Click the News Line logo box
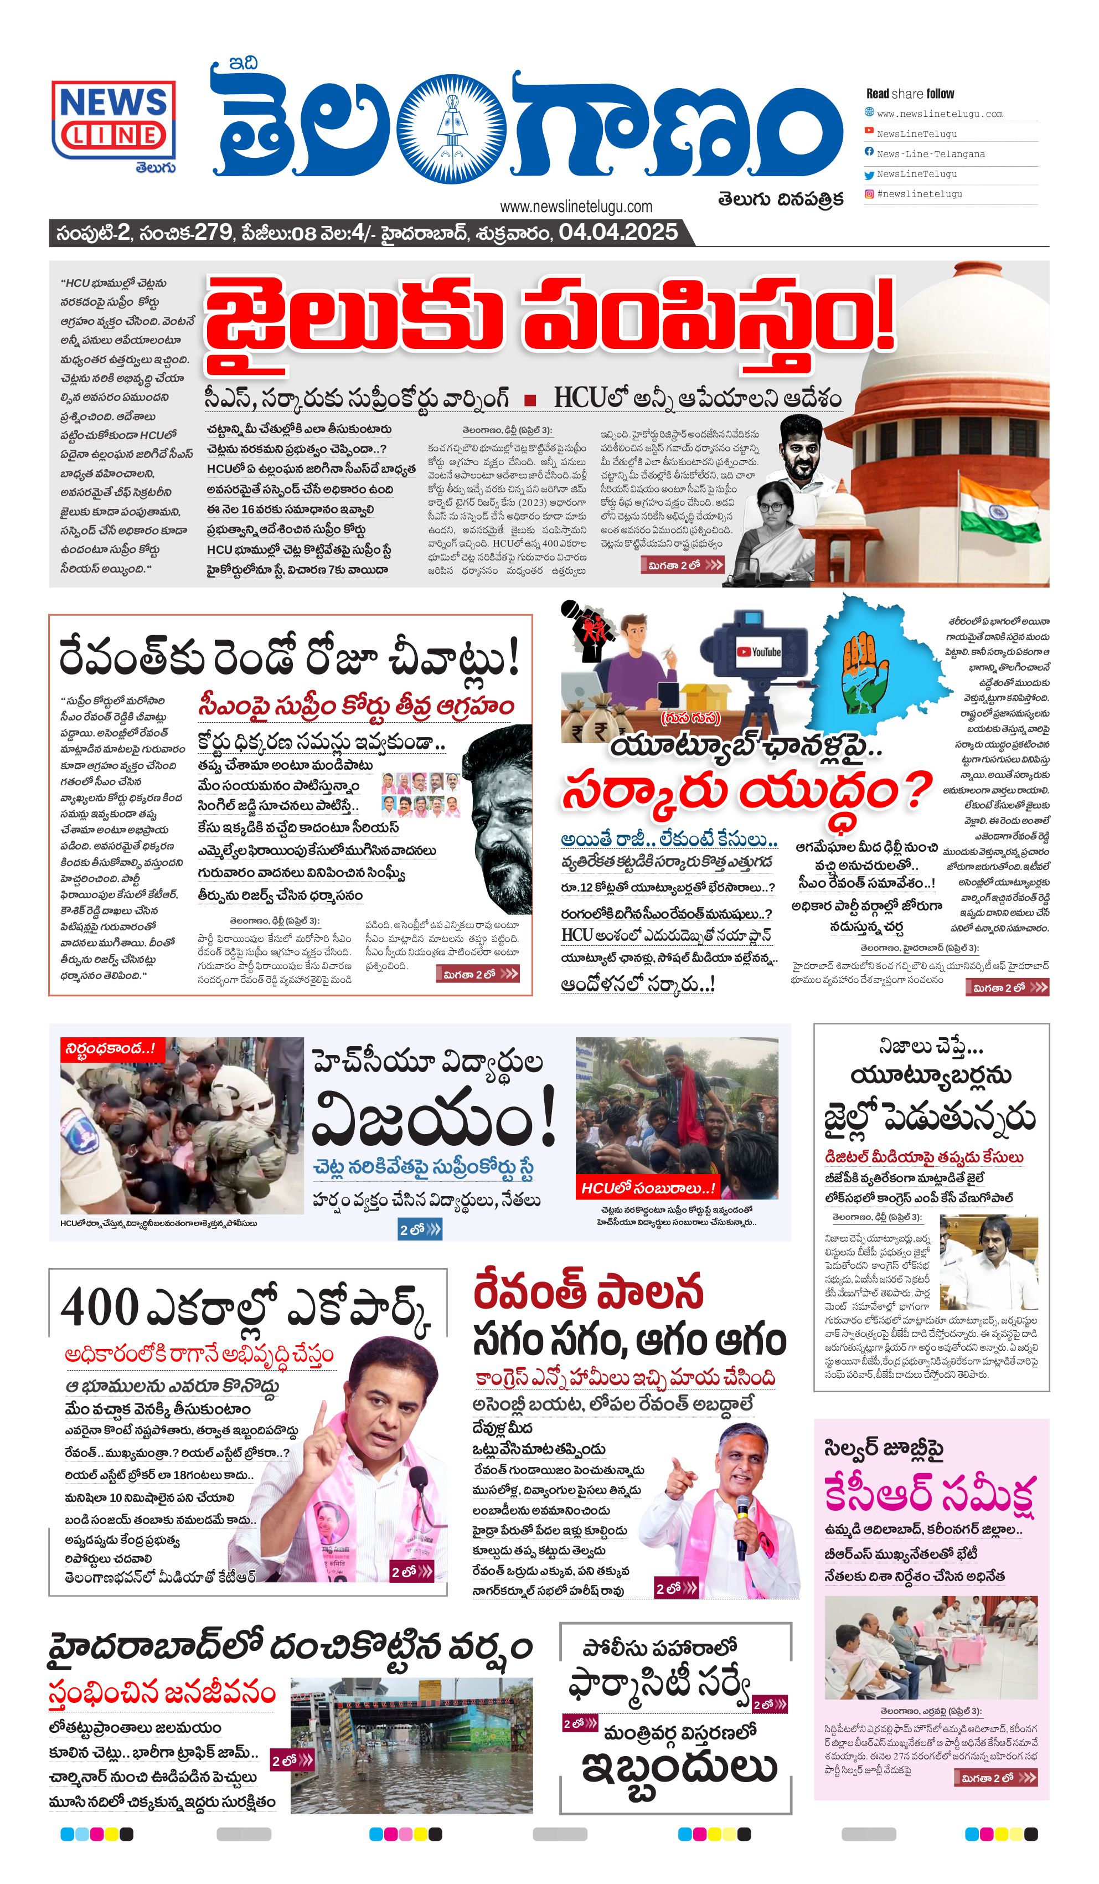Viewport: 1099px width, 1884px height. [x=113, y=120]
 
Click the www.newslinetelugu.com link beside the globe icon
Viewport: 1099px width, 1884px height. [x=939, y=114]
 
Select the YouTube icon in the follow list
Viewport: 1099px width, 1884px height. [x=869, y=131]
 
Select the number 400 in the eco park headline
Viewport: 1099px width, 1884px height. [x=99, y=1308]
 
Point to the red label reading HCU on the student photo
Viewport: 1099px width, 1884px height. [x=647, y=1188]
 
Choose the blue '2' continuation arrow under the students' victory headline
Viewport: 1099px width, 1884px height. [x=420, y=1230]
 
